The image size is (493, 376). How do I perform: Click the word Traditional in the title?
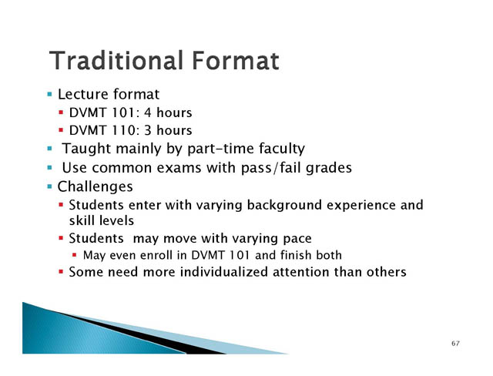tap(116, 60)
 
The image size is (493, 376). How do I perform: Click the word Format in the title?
tap(236, 60)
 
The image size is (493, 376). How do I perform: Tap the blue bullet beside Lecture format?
tap(49, 94)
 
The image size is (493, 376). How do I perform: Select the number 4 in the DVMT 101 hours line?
tap(147, 112)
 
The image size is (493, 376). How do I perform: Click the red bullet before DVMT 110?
tap(61, 130)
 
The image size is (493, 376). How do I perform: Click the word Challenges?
tap(95, 186)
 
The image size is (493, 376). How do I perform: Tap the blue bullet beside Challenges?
tap(49, 186)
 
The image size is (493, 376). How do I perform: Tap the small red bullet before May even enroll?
tap(74, 255)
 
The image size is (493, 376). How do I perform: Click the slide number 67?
tap(455, 344)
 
